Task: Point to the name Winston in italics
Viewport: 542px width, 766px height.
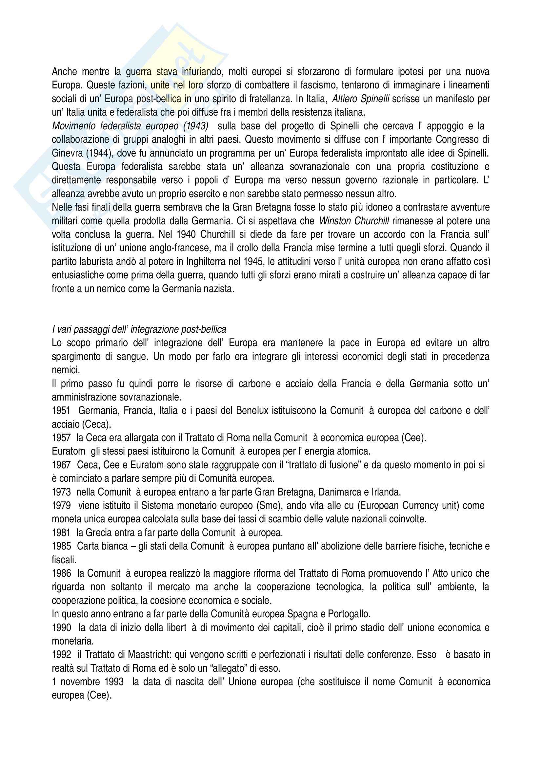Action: [x=338, y=221]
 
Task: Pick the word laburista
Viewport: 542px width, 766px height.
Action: [x=97, y=262]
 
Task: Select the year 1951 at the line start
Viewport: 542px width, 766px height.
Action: [x=61, y=411]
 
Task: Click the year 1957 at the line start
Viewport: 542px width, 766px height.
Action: [x=61, y=438]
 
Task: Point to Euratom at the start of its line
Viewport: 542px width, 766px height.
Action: [x=69, y=451]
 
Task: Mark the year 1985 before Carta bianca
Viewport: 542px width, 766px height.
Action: [x=61, y=546]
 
